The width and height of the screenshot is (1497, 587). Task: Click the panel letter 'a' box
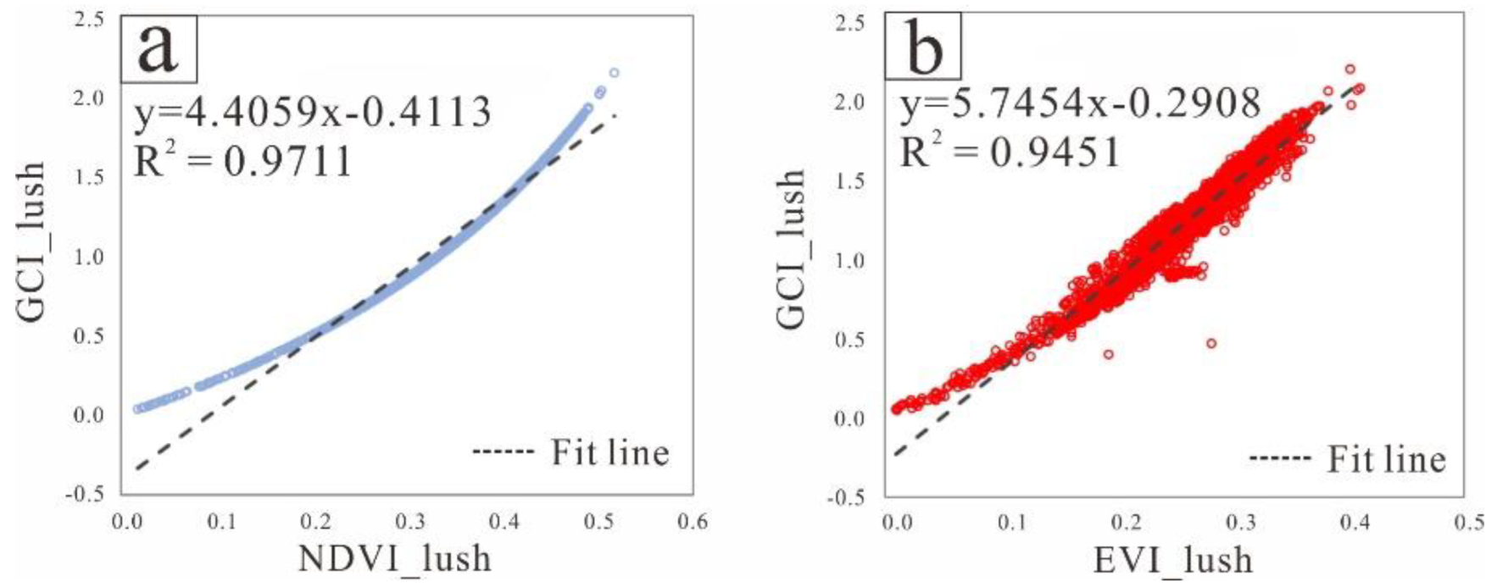[x=159, y=47]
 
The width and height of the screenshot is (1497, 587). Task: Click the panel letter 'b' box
[x=923, y=47]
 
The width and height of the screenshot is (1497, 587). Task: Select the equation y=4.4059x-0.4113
[x=313, y=113]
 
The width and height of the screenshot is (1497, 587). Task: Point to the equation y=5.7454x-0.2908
[x=1080, y=104]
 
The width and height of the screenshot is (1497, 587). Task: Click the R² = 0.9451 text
[x=1010, y=152]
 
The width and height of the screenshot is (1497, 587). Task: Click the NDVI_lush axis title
[x=395, y=559]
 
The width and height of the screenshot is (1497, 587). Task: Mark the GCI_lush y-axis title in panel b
[x=790, y=250]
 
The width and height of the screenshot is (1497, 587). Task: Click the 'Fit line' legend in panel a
[x=571, y=452]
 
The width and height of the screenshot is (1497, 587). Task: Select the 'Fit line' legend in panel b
[x=1348, y=460]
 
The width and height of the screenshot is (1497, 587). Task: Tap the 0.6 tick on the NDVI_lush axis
[x=692, y=522]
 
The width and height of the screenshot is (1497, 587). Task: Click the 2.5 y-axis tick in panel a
[x=89, y=19]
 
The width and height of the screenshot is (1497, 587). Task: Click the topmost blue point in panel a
[x=614, y=73]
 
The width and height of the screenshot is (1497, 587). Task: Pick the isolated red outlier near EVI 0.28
[x=1211, y=343]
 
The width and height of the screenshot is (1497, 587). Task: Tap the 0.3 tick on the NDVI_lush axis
[x=410, y=522]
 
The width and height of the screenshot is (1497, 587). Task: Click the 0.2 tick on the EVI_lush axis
[x=1126, y=523]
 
